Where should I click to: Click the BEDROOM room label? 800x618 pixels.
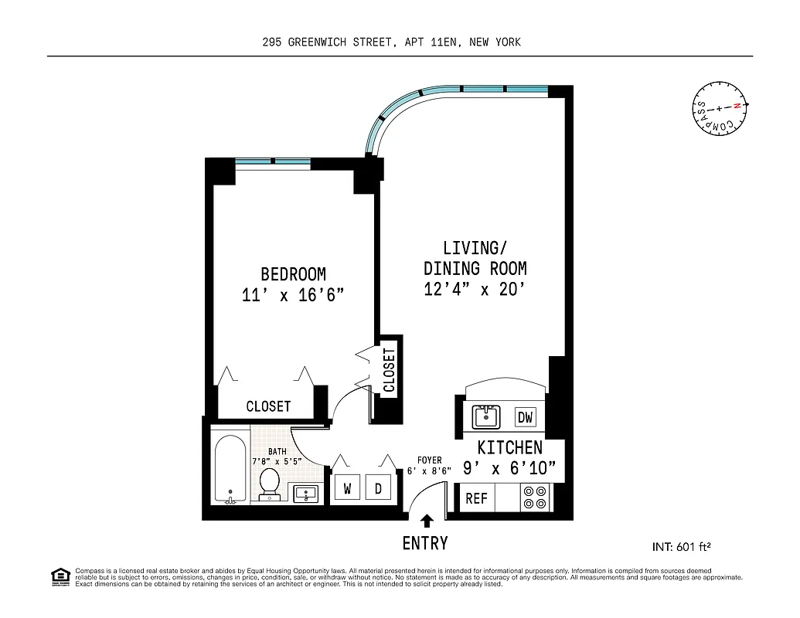click(293, 274)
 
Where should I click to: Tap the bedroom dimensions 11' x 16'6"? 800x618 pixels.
click(293, 295)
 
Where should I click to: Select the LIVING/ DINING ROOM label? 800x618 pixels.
click(475, 258)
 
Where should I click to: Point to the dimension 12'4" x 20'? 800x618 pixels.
click(475, 290)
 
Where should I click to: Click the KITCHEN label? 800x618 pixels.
click(509, 448)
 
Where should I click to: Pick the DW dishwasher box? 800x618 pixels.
click(525, 418)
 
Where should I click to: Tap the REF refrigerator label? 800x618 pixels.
click(476, 498)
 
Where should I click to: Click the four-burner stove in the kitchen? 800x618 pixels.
click(534, 497)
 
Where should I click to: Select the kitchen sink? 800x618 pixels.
click(486, 416)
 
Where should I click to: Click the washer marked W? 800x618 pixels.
click(347, 488)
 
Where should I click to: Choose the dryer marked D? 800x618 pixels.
click(378, 488)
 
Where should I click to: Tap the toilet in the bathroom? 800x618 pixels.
click(270, 483)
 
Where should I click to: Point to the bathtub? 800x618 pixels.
click(230, 470)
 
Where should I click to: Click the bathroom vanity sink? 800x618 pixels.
click(307, 492)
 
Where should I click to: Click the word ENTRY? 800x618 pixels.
click(425, 544)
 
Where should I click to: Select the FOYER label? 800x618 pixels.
click(429, 461)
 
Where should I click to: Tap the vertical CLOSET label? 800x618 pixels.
click(389, 370)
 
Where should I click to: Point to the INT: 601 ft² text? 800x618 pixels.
click(681, 547)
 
